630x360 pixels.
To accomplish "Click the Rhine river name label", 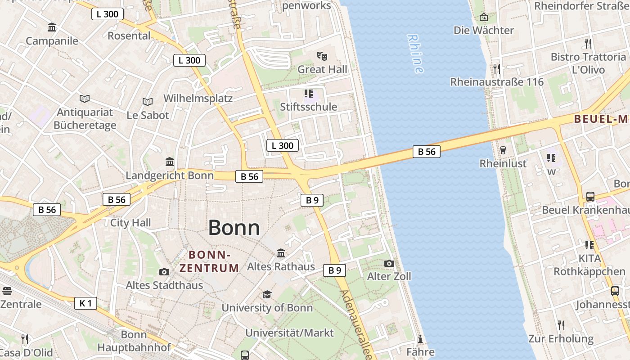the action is tap(415, 54).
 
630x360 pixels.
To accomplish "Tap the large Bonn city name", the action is tap(234, 228).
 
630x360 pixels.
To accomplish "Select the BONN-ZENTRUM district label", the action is tap(209, 261).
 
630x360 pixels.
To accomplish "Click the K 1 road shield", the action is tap(85, 303).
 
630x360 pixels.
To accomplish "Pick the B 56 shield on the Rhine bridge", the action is tap(426, 152).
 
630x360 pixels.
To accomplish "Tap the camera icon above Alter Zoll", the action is tap(389, 263).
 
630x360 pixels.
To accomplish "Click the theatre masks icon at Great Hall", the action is tap(322, 56).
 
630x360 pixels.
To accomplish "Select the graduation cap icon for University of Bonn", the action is tap(267, 295).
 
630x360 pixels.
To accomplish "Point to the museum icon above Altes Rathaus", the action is tap(281, 253).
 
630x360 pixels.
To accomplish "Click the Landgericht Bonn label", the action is tap(170, 175).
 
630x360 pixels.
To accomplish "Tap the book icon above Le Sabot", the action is tap(148, 102).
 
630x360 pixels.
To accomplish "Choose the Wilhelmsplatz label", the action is tap(198, 98).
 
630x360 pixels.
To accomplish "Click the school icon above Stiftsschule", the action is tap(309, 94).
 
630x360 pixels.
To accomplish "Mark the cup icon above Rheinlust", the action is tap(503, 150).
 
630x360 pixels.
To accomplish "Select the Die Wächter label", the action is tap(484, 30).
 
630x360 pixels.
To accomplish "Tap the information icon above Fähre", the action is tap(420, 339).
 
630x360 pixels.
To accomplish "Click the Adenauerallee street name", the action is tap(356, 324).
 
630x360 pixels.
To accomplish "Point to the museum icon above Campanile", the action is tap(52, 28).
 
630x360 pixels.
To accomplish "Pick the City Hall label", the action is tap(130, 223).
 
